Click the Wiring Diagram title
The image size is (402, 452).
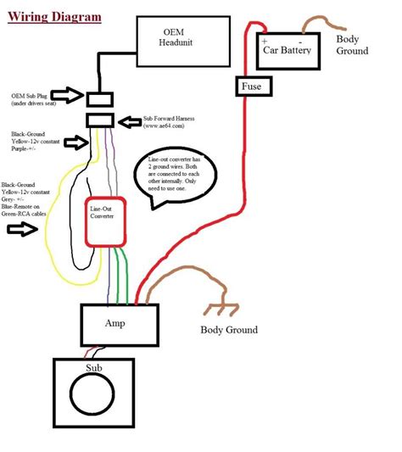pyautogui.click(x=54, y=16)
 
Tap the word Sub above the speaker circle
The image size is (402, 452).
pyautogui.click(x=93, y=368)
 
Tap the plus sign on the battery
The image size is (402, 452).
pyautogui.click(x=265, y=41)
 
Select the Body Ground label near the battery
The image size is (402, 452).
pyautogui.click(x=352, y=45)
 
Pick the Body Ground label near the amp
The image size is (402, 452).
pyautogui.click(x=228, y=329)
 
